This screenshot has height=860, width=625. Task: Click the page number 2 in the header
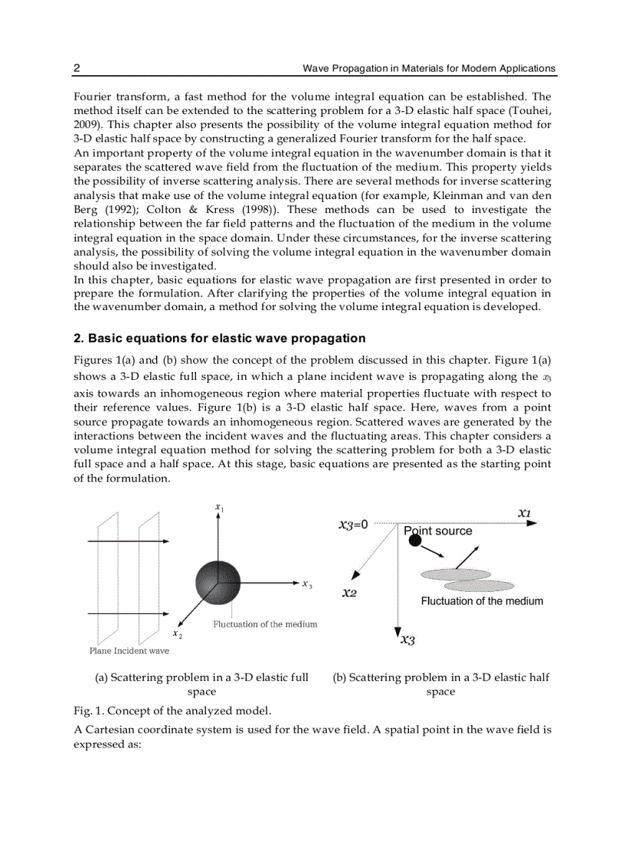77,68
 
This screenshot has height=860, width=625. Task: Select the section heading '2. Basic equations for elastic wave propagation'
219,338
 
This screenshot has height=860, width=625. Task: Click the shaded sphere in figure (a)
218,583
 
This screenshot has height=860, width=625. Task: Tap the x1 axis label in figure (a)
219,508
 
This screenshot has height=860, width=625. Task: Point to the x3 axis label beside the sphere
306,584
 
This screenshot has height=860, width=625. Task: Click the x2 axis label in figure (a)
177,633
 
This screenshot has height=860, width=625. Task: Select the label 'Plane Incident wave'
129,651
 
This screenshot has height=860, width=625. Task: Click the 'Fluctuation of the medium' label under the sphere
265,624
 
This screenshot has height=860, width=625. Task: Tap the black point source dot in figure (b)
415,541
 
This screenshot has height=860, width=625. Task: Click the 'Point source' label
438,531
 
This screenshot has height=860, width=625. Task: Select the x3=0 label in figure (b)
353,525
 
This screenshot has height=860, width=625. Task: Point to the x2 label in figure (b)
349,593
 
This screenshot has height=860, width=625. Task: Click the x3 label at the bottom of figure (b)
408,640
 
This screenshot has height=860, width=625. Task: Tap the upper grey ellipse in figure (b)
455,574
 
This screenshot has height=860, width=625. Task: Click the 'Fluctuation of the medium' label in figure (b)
482,601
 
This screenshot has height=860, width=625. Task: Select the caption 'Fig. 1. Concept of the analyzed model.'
172,711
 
